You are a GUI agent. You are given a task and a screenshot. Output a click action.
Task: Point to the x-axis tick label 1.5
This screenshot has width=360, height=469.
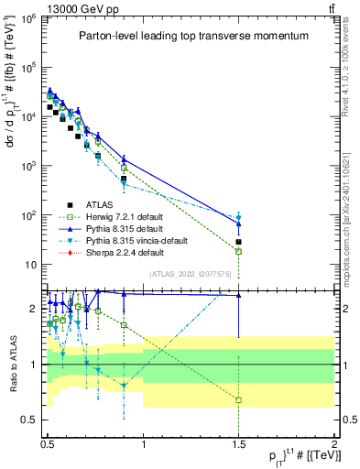[x=238, y=452]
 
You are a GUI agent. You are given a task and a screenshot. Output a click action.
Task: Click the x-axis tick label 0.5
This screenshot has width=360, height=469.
[x=48, y=452]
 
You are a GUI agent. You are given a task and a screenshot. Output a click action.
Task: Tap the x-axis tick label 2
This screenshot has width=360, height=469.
[x=333, y=452]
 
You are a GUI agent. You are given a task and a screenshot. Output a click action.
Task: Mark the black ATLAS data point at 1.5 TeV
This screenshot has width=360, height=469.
[x=238, y=242]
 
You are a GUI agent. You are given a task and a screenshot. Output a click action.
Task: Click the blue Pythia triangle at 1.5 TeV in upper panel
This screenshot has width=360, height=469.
[x=238, y=224]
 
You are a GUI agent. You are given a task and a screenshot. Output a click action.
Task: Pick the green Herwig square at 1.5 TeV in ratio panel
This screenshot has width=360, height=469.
[x=238, y=400]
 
